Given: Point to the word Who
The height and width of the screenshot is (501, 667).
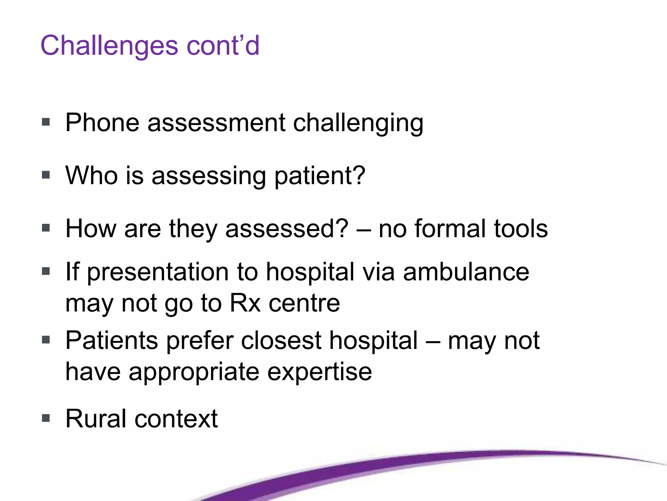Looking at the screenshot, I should [x=92, y=175].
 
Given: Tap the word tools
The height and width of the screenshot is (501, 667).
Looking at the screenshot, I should [x=521, y=228].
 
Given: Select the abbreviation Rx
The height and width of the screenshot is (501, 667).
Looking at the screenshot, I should [x=245, y=303].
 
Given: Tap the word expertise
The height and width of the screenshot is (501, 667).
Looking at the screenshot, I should [x=319, y=372].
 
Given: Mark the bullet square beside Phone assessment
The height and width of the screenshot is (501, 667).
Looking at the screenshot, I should [x=46, y=122].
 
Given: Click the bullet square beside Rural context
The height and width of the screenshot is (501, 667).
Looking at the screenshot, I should [x=46, y=418].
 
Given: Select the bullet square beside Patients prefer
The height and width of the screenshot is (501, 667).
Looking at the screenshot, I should [x=46, y=340].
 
